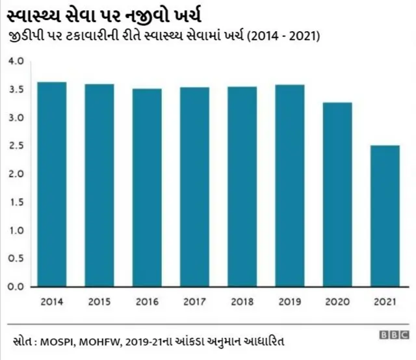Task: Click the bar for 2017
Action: [x=194, y=186]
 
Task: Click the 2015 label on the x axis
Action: [x=99, y=302]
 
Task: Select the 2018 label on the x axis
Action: [x=242, y=302]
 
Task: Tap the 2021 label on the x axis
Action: [x=385, y=302]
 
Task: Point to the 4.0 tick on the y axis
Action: [x=16, y=61]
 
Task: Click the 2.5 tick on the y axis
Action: [x=16, y=146]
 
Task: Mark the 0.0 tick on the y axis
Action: [x=16, y=286]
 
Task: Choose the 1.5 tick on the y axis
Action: [x=16, y=202]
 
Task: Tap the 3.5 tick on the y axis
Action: [x=16, y=90]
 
